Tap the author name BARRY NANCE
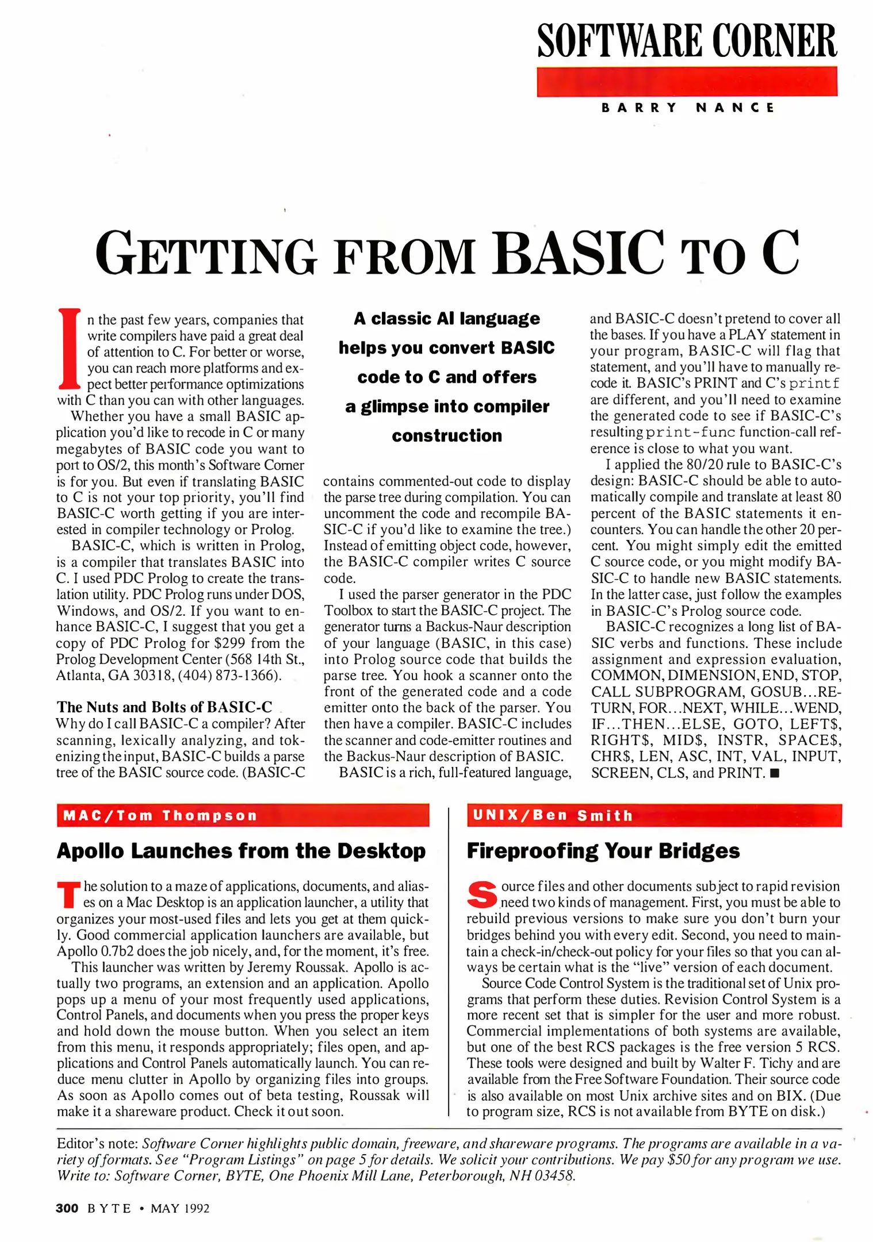[x=688, y=108]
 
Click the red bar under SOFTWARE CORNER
[x=687, y=81]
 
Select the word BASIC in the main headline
[x=577, y=254]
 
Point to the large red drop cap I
[x=69, y=348]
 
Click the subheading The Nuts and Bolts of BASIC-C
[x=164, y=707]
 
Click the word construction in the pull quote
[x=447, y=436]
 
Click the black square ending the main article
[x=774, y=773]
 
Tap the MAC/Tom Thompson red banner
[x=243, y=815]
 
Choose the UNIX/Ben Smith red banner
[x=654, y=815]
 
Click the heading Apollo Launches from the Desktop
[x=241, y=851]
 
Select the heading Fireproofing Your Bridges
[x=603, y=851]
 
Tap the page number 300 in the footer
[x=67, y=1208]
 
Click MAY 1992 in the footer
[x=180, y=1209]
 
